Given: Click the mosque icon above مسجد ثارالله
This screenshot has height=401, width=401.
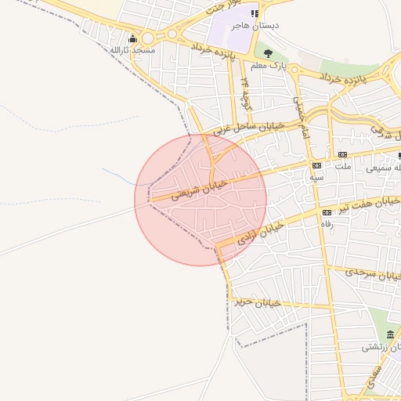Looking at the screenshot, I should click(x=134, y=38).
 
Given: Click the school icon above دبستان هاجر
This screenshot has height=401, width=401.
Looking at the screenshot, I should click(x=255, y=13).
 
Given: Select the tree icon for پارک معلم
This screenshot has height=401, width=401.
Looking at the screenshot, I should click(x=269, y=54).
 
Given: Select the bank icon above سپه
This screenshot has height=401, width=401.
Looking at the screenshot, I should click(x=316, y=166).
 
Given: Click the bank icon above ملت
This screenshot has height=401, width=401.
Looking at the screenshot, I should click(x=343, y=154).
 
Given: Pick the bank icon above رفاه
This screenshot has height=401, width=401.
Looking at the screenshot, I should click(x=327, y=212).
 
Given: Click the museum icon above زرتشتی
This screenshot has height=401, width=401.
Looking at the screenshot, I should click(x=390, y=334).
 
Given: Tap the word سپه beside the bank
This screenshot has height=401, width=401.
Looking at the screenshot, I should click(x=316, y=178).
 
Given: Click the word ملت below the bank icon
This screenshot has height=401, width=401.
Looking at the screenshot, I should click(x=343, y=166).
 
